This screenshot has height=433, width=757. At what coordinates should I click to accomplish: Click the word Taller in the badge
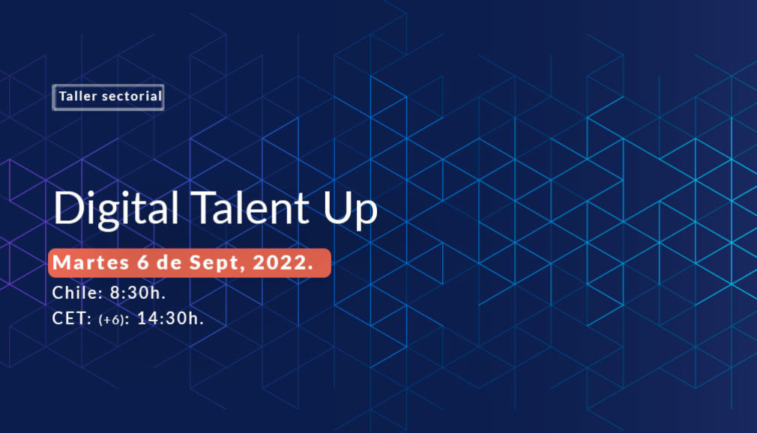pos(78,96)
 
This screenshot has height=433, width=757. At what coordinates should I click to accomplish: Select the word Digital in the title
pos(116,209)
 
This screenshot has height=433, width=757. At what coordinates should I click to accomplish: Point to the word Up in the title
pos(350,211)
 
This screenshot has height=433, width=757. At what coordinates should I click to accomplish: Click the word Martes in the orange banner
pos(91,263)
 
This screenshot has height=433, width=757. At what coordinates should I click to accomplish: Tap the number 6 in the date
pos(143,263)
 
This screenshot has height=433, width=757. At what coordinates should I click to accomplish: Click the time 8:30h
pos(138,292)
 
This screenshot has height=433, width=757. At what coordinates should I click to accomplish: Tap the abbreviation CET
pos(70,318)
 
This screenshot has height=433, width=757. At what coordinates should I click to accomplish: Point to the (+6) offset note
pos(111,320)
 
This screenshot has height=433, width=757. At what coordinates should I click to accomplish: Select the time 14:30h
pos(170,318)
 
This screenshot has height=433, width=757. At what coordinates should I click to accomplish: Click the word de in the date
pos(169,263)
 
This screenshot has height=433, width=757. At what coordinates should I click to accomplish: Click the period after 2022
pos(310,268)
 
